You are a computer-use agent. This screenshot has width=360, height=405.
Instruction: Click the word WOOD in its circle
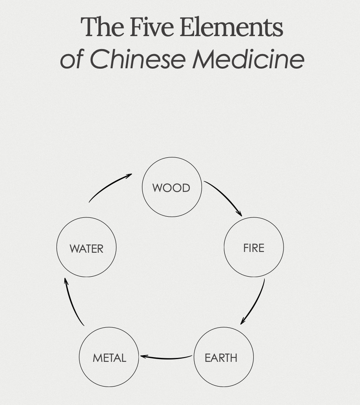[171, 188]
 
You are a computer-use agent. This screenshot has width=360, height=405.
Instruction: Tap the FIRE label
[254, 248]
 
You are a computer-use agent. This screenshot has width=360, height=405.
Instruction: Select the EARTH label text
[221, 358]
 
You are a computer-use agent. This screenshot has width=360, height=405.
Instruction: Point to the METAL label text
[109, 358]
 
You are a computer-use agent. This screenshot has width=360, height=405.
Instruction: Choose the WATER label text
[86, 249]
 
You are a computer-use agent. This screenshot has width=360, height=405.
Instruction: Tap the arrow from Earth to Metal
[167, 358]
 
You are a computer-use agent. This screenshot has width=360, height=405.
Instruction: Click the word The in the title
[103, 27]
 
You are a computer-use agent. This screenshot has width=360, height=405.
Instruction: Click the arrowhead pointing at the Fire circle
[239, 213]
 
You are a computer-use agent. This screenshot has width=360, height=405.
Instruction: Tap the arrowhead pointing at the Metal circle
[144, 356]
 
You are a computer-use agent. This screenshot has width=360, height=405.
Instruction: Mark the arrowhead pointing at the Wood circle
[129, 176]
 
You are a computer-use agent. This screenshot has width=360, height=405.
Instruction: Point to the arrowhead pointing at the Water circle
[66, 281]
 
